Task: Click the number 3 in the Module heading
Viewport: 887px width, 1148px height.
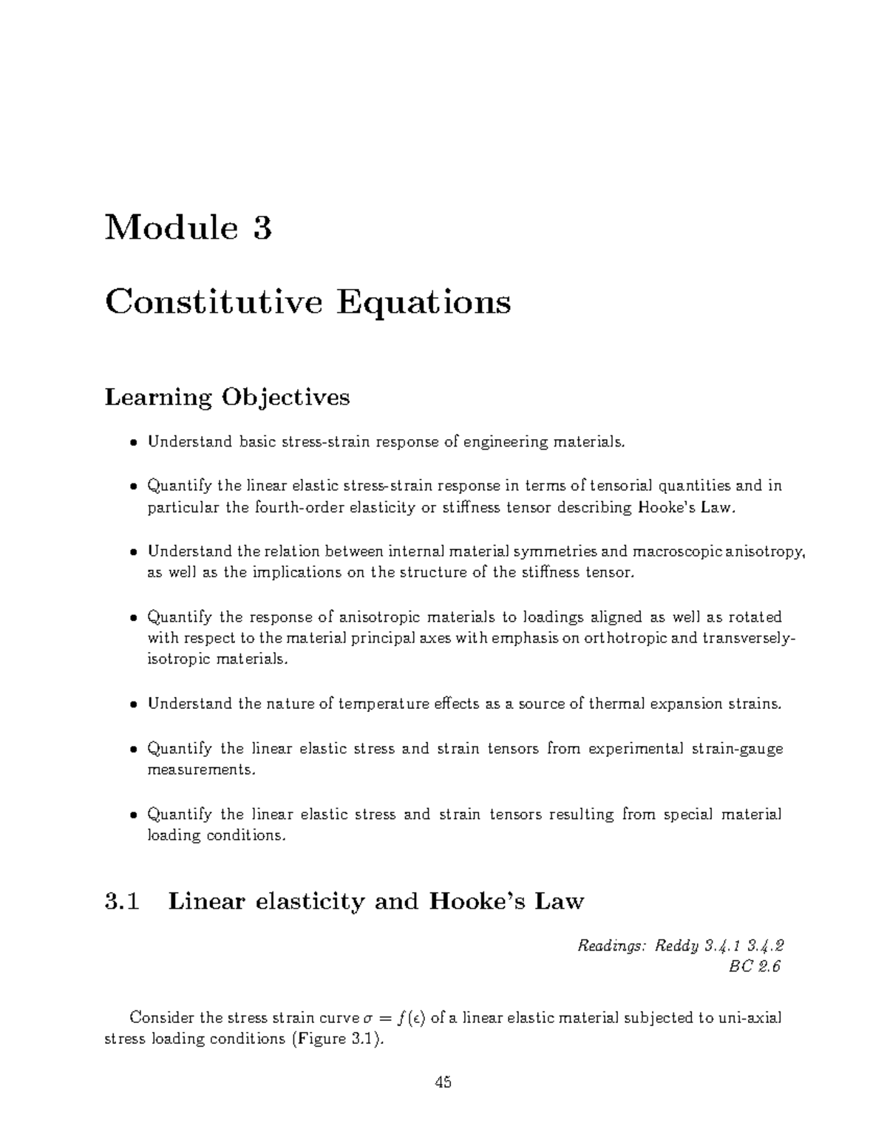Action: (262, 228)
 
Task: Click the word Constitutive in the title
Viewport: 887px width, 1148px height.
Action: (214, 302)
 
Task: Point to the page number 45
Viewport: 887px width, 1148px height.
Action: (443, 1083)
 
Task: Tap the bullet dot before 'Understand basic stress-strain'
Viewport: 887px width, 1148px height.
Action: (133, 444)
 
